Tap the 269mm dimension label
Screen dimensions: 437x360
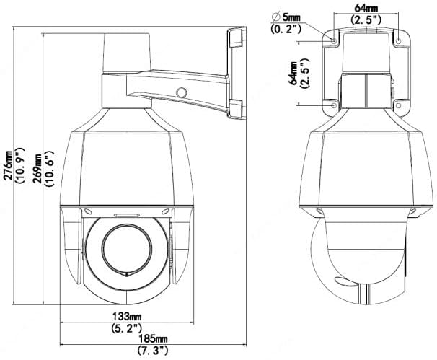(x=36, y=168)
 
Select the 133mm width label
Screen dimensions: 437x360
(x=127, y=317)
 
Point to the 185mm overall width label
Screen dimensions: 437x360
(x=154, y=339)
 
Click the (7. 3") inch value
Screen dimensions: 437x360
(x=153, y=350)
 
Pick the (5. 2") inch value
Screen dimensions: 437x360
(x=127, y=328)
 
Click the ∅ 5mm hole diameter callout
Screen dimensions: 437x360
(x=286, y=17)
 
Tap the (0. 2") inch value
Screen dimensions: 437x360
(x=286, y=29)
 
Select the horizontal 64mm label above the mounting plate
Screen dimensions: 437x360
(x=366, y=8)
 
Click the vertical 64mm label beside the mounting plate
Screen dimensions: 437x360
(x=293, y=74)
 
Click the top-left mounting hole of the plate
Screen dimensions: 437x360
(x=334, y=41)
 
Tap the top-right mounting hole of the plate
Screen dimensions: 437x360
(x=399, y=41)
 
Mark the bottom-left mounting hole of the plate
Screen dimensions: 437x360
(x=334, y=105)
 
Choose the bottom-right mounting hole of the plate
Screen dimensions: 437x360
(x=399, y=105)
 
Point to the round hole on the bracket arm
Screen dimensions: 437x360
(x=182, y=92)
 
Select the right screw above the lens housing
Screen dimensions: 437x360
(x=165, y=212)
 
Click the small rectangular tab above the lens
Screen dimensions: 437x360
(x=126, y=215)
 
